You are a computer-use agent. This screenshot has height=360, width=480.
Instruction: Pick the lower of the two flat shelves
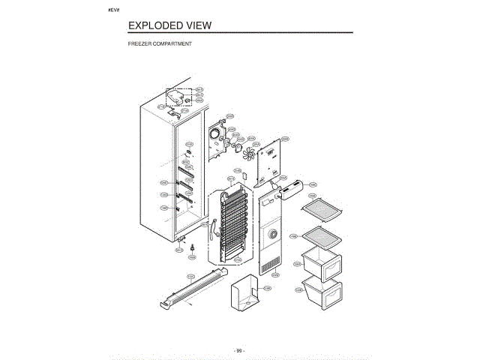(x=321, y=235)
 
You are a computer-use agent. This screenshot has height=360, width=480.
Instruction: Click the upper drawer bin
(x=321, y=264)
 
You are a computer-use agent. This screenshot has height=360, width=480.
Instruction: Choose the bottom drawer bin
(x=321, y=289)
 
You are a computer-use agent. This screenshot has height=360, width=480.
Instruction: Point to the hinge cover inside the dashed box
(x=178, y=97)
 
